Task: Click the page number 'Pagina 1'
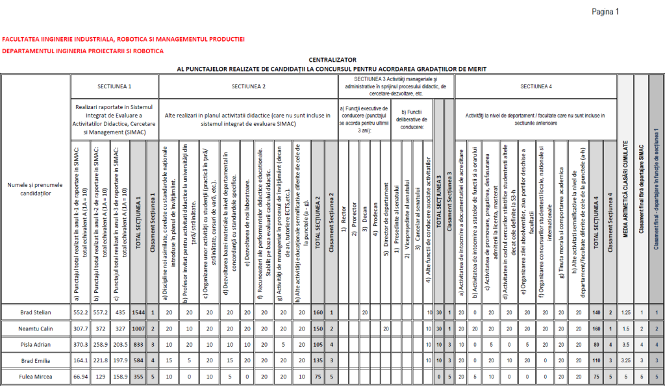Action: coord(605,12)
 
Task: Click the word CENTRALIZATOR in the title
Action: coord(332,59)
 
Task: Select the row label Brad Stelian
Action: coord(36,312)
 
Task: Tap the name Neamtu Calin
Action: coord(36,329)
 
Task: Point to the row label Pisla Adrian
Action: coord(36,345)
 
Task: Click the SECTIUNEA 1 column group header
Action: coord(114,86)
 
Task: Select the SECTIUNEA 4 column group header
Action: coord(536,86)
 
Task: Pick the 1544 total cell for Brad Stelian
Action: coord(138,312)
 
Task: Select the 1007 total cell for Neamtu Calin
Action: coord(138,329)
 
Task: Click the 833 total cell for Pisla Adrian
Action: coord(138,345)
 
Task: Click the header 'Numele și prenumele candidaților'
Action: coord(36,190)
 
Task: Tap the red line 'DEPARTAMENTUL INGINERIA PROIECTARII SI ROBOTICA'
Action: coord(83,51)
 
